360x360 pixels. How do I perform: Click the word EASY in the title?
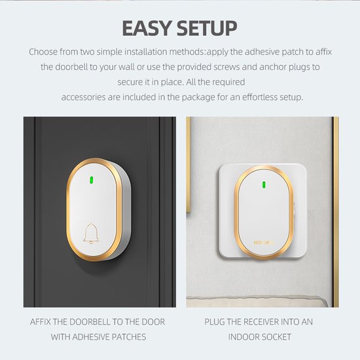click(x=147, y=28)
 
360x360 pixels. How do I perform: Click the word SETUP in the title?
click(x=207, y=28)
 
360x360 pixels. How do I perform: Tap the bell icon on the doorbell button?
click(x=91, y=233)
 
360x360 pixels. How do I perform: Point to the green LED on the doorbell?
click(x=91, y=181)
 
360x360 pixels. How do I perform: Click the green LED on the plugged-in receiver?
click(x=264, y=185)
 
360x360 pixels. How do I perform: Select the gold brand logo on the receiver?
click(x=264, y=243)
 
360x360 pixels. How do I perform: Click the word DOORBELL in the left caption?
click(x=90, y=322)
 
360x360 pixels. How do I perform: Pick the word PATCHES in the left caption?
click(x=129, y=337)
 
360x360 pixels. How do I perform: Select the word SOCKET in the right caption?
click(x=276, y=337)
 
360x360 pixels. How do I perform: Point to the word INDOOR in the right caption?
click(x=243, y=337)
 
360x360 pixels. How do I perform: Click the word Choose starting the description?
click(x=43, y=52)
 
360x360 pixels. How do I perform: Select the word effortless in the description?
click(x=260, y=97)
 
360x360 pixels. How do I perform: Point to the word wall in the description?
click(x=126, y=67)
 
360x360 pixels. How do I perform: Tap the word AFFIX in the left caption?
click(x=40, y=322)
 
